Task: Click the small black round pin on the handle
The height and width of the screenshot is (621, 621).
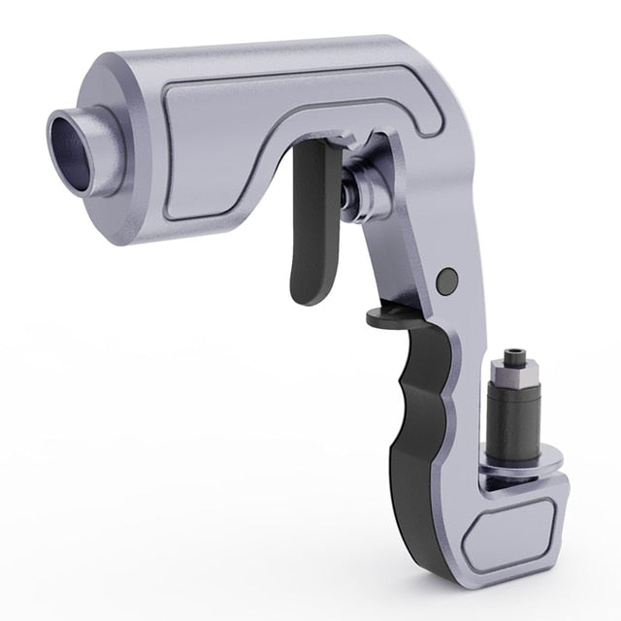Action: coord(447,281)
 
